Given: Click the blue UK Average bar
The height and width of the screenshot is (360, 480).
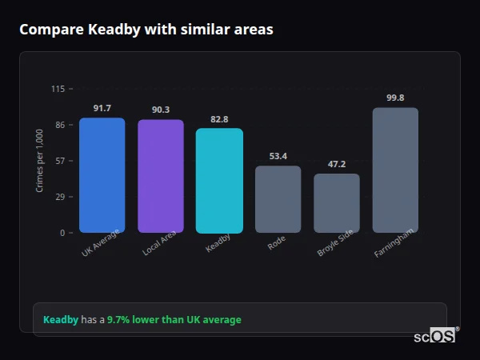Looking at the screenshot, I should tap(102, 175).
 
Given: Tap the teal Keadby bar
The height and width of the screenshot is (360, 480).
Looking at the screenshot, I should tap(219, 180).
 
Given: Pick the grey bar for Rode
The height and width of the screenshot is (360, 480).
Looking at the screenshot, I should tap(278, 199).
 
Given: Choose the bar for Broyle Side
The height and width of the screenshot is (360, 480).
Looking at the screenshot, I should tap(337, 203).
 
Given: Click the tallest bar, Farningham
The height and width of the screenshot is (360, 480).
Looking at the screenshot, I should tap(395, 170).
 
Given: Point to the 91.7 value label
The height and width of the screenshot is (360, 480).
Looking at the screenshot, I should tap(102, 108).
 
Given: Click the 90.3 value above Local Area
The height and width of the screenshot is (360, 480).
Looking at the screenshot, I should tap(161, 110).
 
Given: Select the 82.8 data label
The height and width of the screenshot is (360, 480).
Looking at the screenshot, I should tap(219, 119).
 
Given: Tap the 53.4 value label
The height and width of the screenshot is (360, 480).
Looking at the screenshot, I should tap(278, 156).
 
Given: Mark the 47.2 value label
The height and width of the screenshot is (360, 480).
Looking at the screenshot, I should tap(337, 164).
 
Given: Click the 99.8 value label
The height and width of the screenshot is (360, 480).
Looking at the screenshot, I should tap(395, 98).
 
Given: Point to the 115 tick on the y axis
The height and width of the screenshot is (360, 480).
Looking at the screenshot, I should tap(58, 89).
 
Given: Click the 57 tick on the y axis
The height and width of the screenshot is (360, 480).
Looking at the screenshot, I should tap(60, 161).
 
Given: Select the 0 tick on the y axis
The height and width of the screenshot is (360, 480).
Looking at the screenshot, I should tap(62, 233).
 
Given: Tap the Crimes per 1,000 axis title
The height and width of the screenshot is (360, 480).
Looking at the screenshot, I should tap(40, 160).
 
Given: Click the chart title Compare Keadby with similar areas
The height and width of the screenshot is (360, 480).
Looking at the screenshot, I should tap(146, 30).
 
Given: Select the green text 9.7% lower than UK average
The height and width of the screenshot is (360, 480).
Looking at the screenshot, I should tap(174, 320).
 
